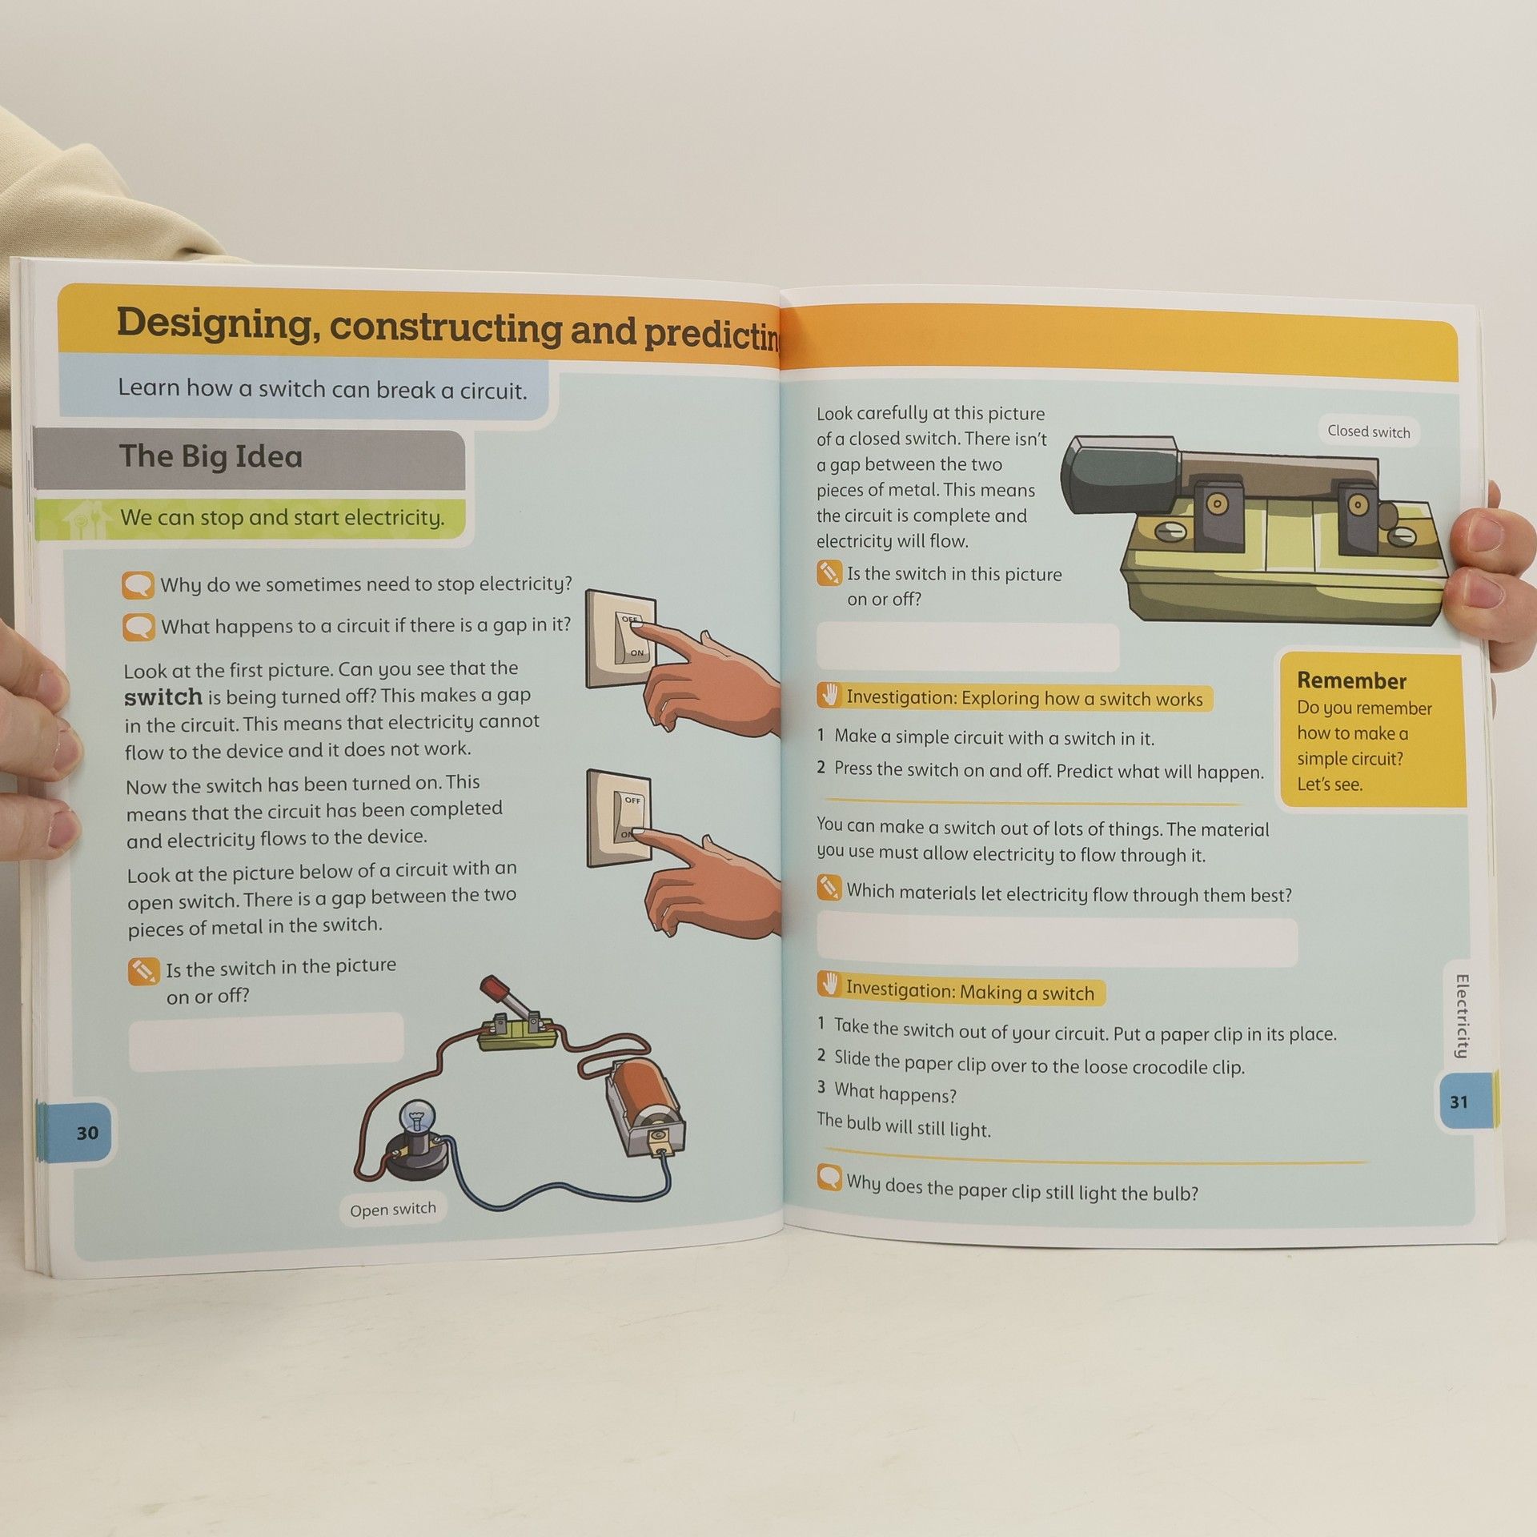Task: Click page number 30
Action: pyautogui.click(x=87, y=1133)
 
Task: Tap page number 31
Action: pyautogui.click(x=1459, y=1102)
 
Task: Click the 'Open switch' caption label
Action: pyautogui.click(x=392, y=1209)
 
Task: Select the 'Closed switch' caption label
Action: pyautogui.click(x=1368, y=431)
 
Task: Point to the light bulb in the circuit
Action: pyautogui.click(x=417, y=1114)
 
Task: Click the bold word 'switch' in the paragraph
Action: pyautogui.click(x=163, y=697)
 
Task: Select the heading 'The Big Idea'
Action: pyautogui.click(x=211, y=456)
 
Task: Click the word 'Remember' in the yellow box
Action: pyautogui.click(x=1351, y=680)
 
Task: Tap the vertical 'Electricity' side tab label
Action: pyautogui.click(x=1462, y=1017)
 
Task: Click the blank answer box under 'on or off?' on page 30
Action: pyautogui.click(x=266, y=1041)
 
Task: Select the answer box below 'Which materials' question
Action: pyautogui.click(x=1057, y=942)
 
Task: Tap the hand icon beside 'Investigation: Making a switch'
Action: pyautogui.click(x=829, y=984)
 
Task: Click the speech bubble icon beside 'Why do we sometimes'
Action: pyautogui.click(x=138, y=585)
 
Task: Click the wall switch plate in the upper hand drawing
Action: pyautogui.click(x=620, y=639)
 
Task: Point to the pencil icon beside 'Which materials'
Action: pyautogui.click(x=829, y=888)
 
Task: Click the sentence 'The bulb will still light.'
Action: pyautogui.click(x=904, y=1125)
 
